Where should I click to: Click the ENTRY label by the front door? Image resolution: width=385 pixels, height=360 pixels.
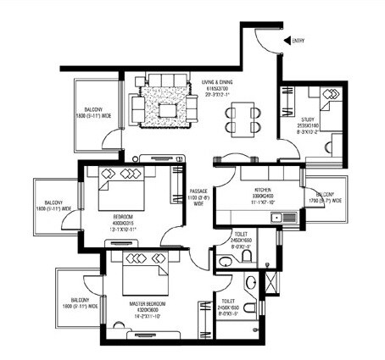coord(299,40)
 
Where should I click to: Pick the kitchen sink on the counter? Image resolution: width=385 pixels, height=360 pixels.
coord(276,218)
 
